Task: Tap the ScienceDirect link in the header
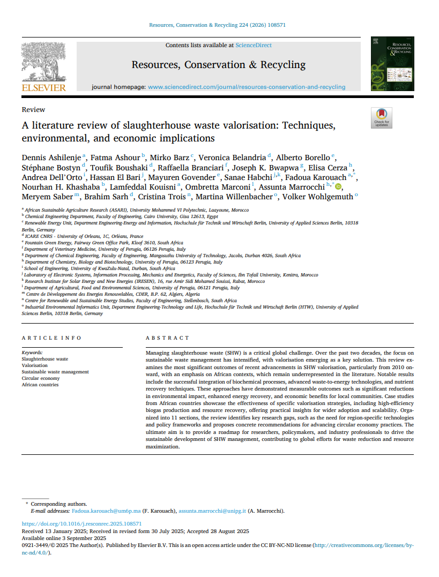pyautogui.click(x=254, y=46)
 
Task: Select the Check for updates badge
pyautogui.click(x=382, y=118)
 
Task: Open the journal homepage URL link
pyautogui.click(x=247, y=87)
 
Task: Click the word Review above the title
pyautogui.click(x=33, y=110)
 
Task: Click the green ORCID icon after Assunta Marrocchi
pyautogui.click(x=338, y=186)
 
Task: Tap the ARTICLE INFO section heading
pyautogui.click(x=51, y=338)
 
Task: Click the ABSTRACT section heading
pyautogui.click(x=168, y=338)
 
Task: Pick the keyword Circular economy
pyautogui.click(x=41, y=378)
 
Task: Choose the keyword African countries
pyautogui.click(x=40, y=385)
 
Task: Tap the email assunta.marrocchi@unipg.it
pyautogui.click(x=212, y=511)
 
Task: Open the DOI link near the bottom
pyautogui.click(x=81, y=523)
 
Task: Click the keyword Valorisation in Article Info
pyautogui.click(x=34, y=365)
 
